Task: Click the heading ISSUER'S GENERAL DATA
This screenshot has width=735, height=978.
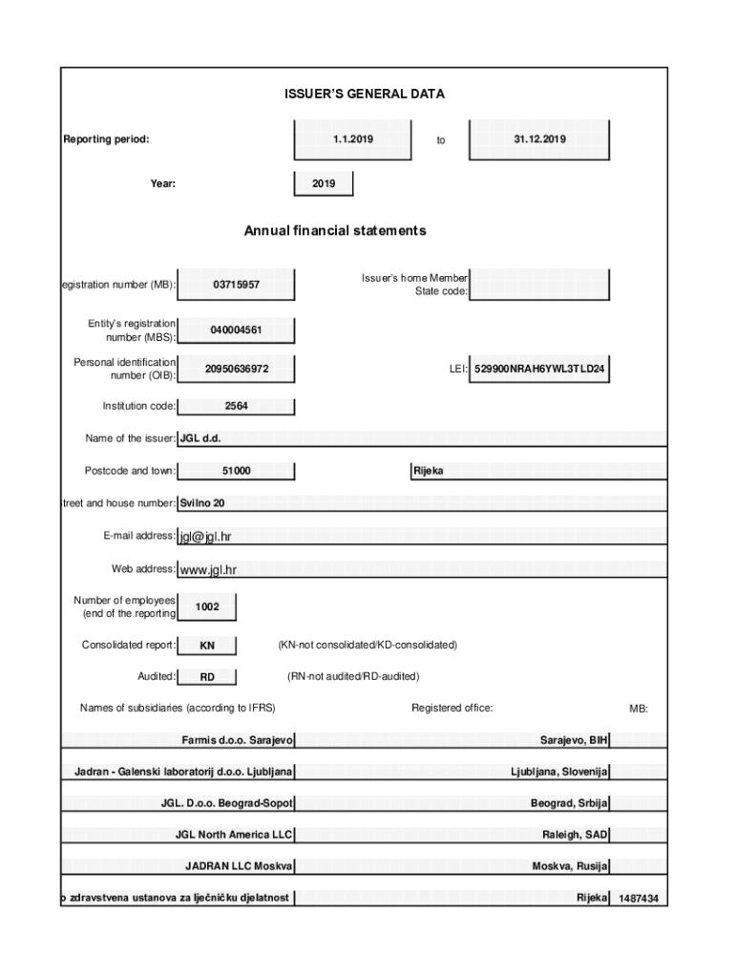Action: (x=364, y=94)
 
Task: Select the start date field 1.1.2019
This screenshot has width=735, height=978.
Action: (x=352, y=139)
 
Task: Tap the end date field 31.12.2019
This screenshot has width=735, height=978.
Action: (x=539, y=139)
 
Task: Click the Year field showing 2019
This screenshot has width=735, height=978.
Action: (x=324, y=183)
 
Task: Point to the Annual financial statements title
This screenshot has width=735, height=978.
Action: (x=334, y=230)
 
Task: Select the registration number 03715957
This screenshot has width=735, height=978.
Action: (x=236, y=285)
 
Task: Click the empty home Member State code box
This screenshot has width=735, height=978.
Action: (x=539, y=284)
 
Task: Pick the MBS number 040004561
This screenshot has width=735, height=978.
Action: (x=236, y=330)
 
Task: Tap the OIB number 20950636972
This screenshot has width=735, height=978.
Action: (x=236, y=369)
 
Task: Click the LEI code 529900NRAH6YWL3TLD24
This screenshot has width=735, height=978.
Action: (x=539, y=369)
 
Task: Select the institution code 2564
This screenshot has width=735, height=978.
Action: (x=236, y=406)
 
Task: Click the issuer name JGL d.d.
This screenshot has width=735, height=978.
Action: (x=199, y=438)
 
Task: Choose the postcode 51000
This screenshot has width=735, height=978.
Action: (x=236, y=471)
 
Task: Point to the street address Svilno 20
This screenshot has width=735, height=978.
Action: (x=202, y=502)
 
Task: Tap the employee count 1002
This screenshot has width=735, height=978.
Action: (x=206, y=607)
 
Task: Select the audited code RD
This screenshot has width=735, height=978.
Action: (x=206, y=677)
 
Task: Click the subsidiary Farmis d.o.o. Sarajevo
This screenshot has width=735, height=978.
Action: (x=237, y=740)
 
